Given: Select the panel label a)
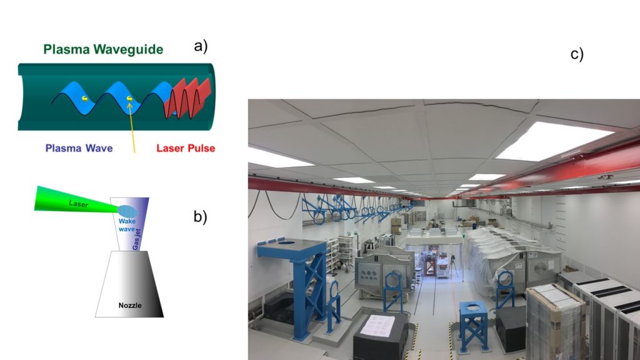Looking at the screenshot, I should (201, 46).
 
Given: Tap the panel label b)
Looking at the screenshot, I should (200, 217).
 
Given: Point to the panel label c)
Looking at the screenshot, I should (577, 54).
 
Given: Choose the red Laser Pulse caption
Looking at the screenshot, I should (186, 148).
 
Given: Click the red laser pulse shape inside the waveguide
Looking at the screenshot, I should (187, 97).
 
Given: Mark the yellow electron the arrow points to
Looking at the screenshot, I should (129, 98).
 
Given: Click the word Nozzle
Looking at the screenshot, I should (131, 306).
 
